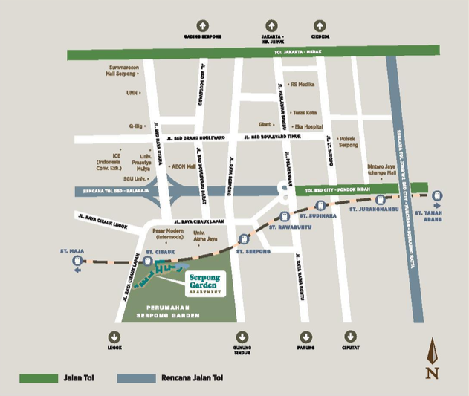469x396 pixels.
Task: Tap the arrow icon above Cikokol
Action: tap(320, 25)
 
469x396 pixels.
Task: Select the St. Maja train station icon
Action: tap(78, 260)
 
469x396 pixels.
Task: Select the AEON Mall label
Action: tap(184, 167)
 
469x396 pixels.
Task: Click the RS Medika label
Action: tap(303, 84)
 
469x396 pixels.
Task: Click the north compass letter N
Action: tap(432, 372)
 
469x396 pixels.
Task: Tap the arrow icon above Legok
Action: tap(114, 336)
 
